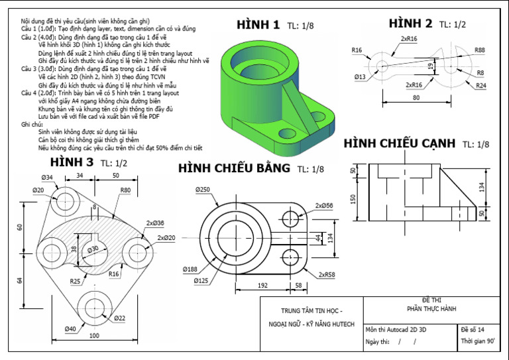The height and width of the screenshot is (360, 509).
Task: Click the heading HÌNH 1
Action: pos(258,25)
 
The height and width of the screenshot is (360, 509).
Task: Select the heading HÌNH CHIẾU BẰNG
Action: pos(234,168)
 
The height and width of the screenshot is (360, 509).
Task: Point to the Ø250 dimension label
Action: pos(203,190)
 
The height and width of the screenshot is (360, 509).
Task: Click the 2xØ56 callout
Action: pos(324,206)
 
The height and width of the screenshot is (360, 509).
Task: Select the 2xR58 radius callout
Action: pos(326,274)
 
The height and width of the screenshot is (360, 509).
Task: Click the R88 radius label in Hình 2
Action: pos(479,50)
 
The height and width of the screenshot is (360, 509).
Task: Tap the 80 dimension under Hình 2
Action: pos(416,98)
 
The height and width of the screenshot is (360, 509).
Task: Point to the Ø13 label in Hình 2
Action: pos(360,77)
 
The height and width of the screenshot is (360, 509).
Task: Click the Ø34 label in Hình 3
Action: pos(47,178)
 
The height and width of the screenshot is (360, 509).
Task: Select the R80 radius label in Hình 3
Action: pos(125,190)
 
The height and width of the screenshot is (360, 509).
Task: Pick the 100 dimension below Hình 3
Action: pos(94,335)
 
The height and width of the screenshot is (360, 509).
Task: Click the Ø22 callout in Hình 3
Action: pos(119,318)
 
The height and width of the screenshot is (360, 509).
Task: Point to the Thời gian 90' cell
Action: pos(478,342)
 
